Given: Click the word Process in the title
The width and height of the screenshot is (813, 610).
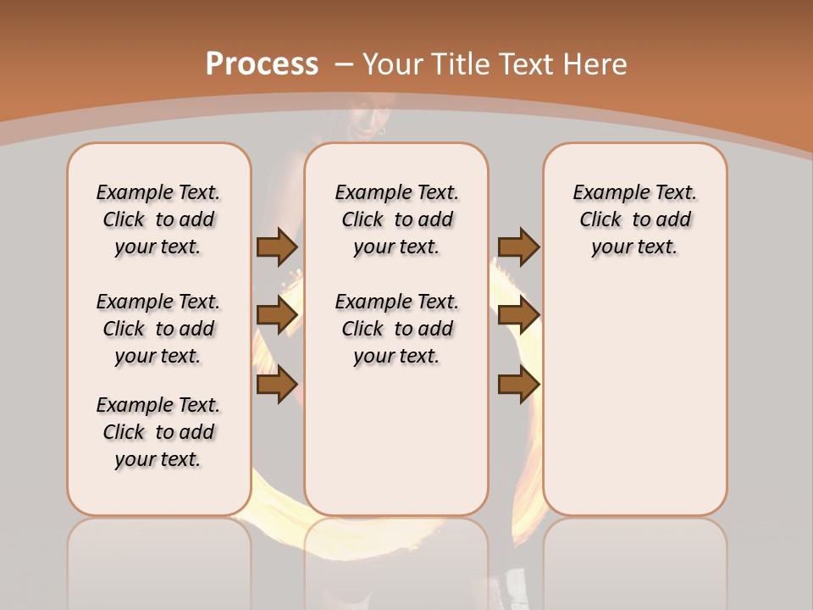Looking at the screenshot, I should tap(262, 64).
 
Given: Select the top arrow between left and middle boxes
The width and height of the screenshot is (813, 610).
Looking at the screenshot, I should tap(277, 247).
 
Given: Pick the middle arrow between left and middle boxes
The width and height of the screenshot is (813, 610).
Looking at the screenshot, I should tap(277, 315).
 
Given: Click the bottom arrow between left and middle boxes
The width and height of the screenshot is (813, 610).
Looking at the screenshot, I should tap(277, 385).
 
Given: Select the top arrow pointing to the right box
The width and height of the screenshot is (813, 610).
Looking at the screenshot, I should tap(518, 247).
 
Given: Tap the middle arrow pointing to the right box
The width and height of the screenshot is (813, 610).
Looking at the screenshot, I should tap(518, 315).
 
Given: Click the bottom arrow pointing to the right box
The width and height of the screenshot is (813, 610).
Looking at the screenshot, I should tap(518, 385).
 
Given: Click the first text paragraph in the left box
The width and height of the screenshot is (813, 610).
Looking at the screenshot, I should tap(158, 219).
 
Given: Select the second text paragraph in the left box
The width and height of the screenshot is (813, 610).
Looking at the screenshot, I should tap(158, 329).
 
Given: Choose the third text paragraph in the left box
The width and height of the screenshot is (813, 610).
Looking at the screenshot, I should tap(158, 432).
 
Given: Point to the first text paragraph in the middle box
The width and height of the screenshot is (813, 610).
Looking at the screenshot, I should tap(396, 219).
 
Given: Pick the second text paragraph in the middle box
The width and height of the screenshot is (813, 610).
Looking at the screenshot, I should tap(396, 329).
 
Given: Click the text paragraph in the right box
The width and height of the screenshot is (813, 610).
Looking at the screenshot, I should tap(634, 219).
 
